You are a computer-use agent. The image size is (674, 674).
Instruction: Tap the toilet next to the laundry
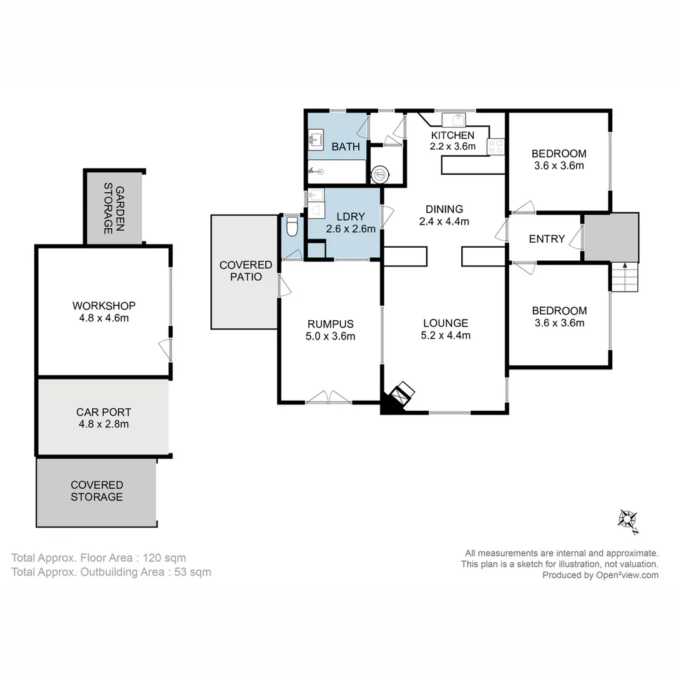point(292,227)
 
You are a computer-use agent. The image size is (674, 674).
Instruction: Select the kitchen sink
point(454,120)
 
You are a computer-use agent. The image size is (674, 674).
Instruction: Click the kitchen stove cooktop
point(496,147)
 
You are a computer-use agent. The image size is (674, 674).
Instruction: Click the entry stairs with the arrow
point(625,277)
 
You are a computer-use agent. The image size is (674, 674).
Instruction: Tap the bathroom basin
point(316,140)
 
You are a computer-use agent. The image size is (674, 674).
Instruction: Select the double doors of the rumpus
point(328,397)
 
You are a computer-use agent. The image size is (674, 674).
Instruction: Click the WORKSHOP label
point(104,306)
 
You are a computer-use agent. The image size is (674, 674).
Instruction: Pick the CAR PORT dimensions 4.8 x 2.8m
point(104,424)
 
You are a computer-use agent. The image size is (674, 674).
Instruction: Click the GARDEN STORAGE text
point(114,208)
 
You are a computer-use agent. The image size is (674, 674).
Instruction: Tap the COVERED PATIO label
point(246,271)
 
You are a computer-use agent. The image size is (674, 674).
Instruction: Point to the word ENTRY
point(547,239)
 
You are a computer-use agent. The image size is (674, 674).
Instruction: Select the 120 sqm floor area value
point(164,558)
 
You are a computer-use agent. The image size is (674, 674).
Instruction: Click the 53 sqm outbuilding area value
point(193,572)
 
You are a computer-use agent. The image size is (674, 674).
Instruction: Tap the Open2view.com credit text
point(627,575)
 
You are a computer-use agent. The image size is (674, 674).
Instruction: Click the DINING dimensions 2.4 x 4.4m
point(444,222)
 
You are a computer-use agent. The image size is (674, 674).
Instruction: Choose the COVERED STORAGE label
point(97,491)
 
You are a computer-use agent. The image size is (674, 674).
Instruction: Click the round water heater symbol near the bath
point(380,175)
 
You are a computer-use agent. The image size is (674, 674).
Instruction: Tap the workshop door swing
point(165,349)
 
